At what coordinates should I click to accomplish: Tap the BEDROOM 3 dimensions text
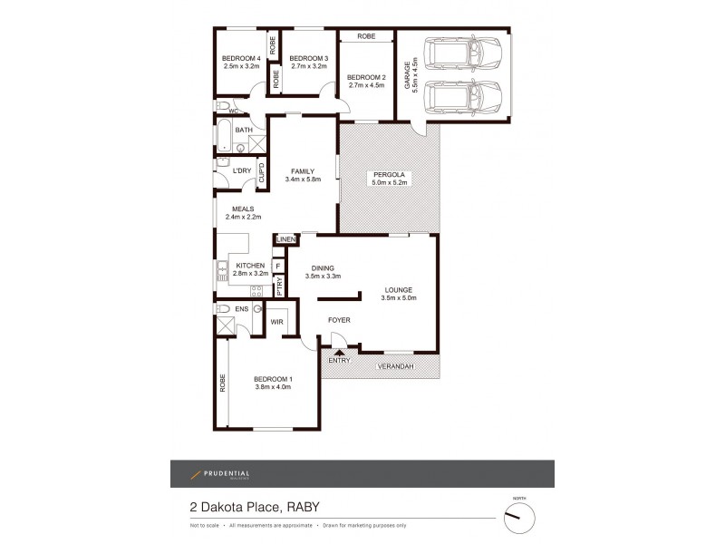[x=306, y=67]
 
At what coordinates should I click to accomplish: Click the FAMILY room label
[x=302, y=170]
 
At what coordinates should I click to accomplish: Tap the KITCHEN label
[x=249, y=265]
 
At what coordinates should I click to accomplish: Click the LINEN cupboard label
[x=286, y=239]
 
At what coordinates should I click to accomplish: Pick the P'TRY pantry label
[x=279, y=286]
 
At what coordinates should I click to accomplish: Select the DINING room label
[x=323, y=268]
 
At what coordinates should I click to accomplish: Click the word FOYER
[x=339, y=320]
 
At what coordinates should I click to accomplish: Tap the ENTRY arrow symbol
[x=339, y=352]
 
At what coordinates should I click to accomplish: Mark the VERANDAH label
[x=395, y=365]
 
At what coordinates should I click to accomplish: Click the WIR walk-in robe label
[x=276, y=321]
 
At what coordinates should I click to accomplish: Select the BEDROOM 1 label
[x=273, y=378]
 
